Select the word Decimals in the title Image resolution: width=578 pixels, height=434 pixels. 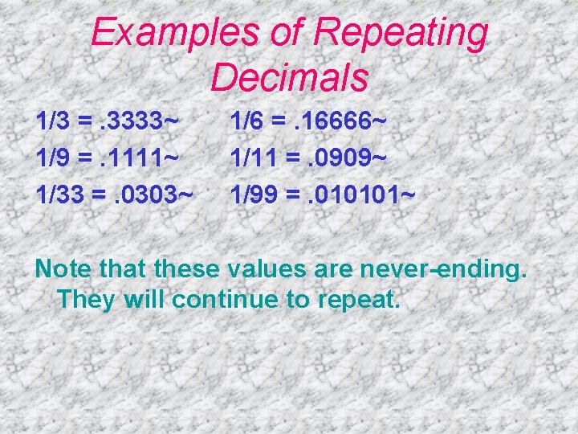[289, 77]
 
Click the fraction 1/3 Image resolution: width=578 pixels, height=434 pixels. [52, 123]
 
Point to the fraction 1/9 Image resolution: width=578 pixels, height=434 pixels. [52, 158]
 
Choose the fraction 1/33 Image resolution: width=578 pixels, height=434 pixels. [59, 194]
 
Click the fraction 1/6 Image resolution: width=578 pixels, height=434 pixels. [247, 123]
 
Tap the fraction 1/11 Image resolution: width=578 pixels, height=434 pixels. [253, 158]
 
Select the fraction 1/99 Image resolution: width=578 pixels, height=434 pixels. [254, 194]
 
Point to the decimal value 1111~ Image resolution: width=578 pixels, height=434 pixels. [142, 158]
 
